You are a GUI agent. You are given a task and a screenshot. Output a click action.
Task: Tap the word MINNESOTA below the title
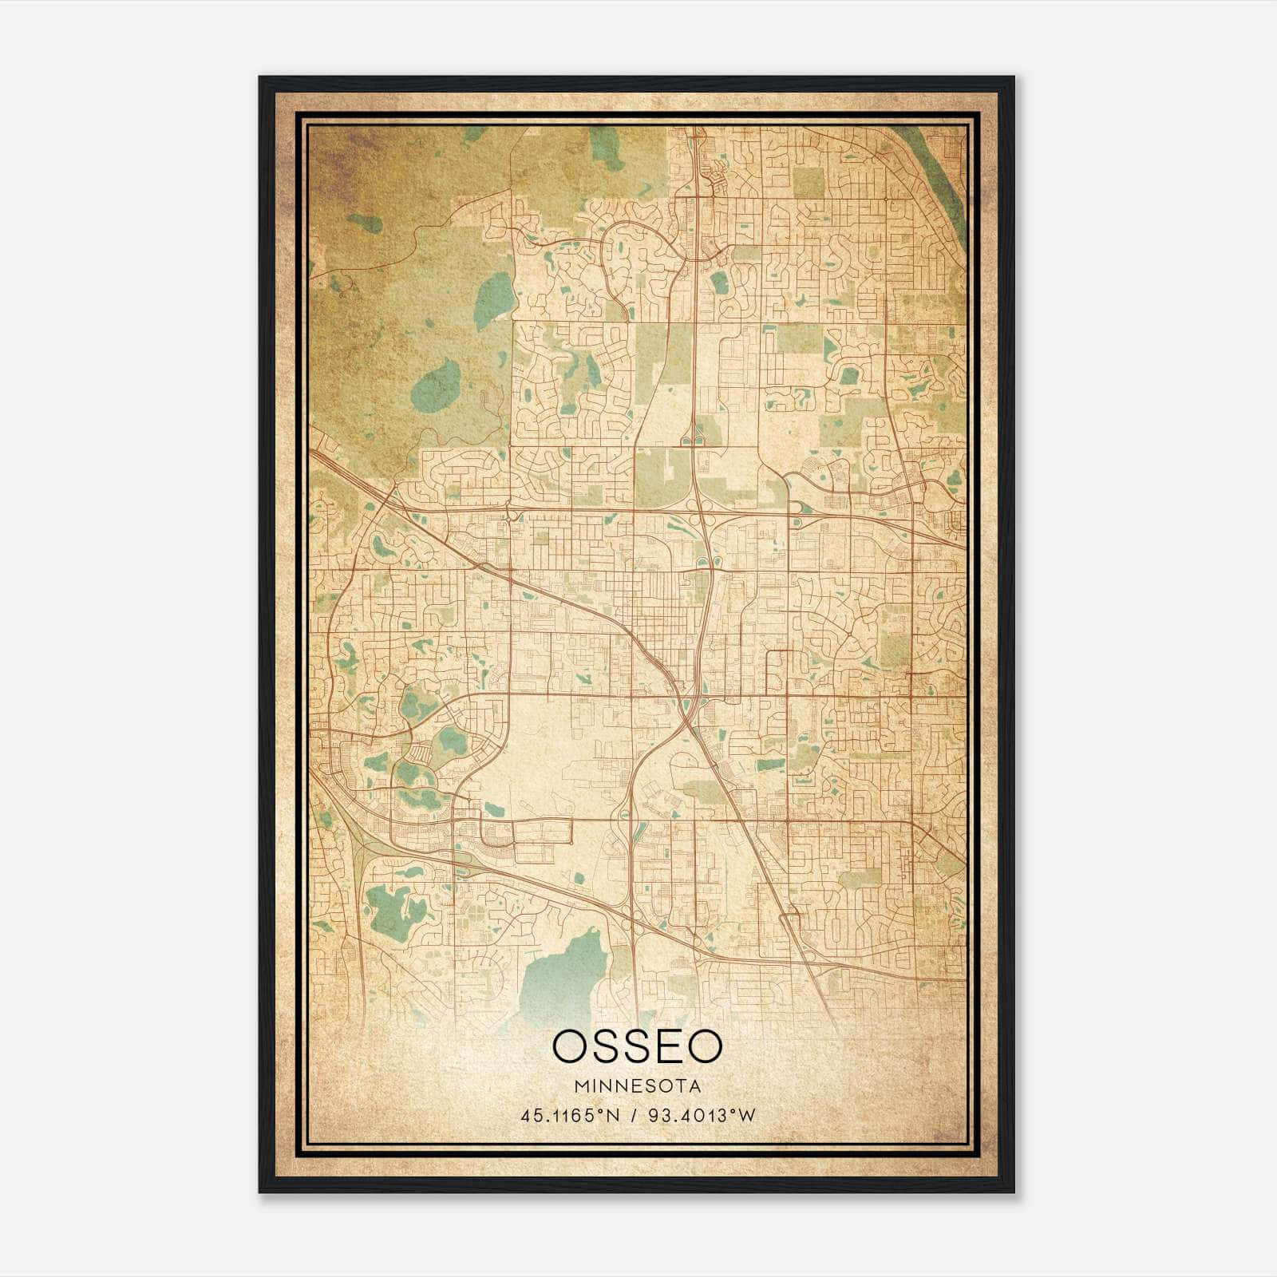(x=637, y=1085)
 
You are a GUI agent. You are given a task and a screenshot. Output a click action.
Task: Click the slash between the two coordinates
(x=633, y=1115)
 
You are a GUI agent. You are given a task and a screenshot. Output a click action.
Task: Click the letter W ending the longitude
(x=747, y=1115)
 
